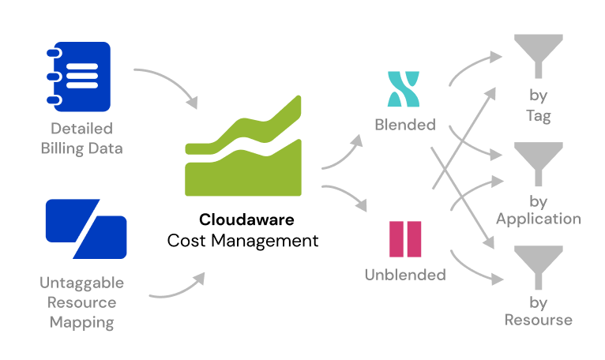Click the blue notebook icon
77,76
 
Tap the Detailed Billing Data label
81,138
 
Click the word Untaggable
81,283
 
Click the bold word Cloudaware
243,219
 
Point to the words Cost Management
243,240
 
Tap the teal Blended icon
404,89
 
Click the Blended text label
404,125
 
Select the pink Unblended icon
405,238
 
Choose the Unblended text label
405,275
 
